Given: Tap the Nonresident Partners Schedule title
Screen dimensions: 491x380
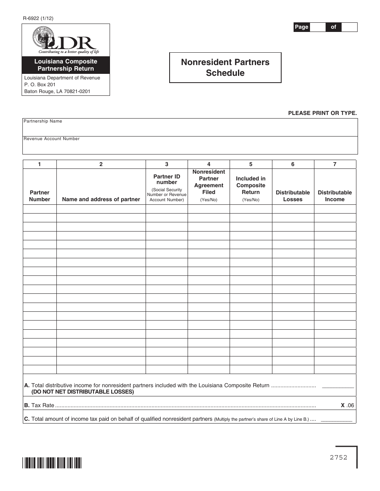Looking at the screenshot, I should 225,67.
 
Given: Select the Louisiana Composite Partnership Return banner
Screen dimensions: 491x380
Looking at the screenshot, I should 66,65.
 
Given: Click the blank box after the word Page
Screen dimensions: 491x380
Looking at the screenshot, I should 318,27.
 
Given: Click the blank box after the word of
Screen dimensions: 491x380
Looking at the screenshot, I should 349,27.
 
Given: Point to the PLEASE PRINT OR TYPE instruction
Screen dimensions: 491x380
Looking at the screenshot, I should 322,113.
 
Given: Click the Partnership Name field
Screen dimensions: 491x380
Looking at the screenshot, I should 190,129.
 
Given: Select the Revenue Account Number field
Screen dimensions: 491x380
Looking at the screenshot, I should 190,147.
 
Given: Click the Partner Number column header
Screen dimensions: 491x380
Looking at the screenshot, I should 40,196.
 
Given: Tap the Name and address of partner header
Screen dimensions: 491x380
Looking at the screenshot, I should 101,199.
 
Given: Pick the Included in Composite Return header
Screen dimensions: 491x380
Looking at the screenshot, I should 251,185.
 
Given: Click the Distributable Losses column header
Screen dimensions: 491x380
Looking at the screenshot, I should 293,196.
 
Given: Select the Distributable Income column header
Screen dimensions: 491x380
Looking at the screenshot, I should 335,196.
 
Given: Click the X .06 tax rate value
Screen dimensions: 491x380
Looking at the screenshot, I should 347,405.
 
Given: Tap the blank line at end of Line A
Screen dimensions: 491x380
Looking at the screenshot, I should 338,386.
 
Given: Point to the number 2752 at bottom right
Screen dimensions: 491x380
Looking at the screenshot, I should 338,457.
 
